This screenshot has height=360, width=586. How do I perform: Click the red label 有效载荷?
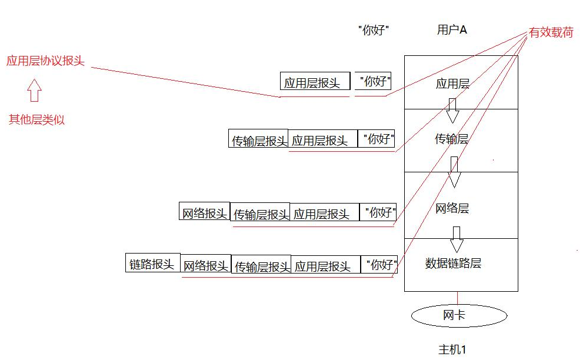(x=551, y=33)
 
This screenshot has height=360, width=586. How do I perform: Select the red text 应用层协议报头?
(x=45, y=61)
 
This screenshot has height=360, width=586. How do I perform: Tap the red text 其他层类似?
(x=36, y=120)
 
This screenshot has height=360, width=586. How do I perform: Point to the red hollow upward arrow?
(x=34, y=91)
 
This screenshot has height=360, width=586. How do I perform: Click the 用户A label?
(x=452, y=30)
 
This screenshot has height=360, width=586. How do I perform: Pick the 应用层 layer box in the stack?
(x=461, y=82)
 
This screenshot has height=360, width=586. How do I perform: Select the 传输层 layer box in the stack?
(x=461, y=140)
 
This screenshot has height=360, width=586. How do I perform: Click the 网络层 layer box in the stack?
(x=461, y=208)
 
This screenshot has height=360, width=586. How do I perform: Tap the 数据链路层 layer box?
(x=461, y=264)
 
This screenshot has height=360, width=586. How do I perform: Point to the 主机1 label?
(x=452, y=349)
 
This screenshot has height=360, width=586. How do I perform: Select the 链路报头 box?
(x=152, y=264)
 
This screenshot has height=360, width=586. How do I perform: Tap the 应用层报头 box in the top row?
(x=315, y=82)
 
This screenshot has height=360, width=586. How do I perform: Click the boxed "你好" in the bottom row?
(x=378, y=265)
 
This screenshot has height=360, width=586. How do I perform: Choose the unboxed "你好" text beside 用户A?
(x=374, y=30)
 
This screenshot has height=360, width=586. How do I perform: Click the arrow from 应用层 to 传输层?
(x=452, y=110)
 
